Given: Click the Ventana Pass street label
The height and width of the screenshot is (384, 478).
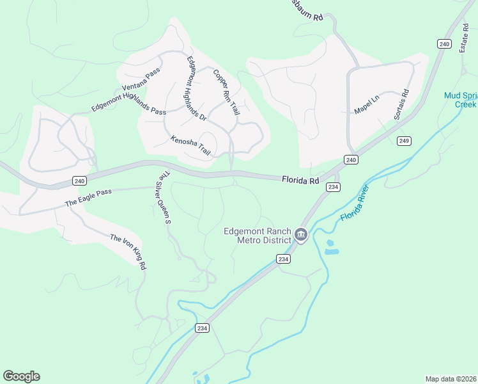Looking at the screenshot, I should click(x=141, y=80).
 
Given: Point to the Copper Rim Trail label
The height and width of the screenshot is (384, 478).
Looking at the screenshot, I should click(x=226, y=92).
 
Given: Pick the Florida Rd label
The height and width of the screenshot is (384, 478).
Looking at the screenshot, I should click(x=300, y=181).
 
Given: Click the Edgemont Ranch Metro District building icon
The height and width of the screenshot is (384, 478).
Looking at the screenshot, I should click(x=301, y=236).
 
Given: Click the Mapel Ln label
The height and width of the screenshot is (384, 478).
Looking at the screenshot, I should click(x=367, y=104).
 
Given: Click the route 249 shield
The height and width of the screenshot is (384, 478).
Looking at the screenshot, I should click(x=403, y=141).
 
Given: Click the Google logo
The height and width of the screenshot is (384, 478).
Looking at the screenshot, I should click(x=21, y=376).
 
